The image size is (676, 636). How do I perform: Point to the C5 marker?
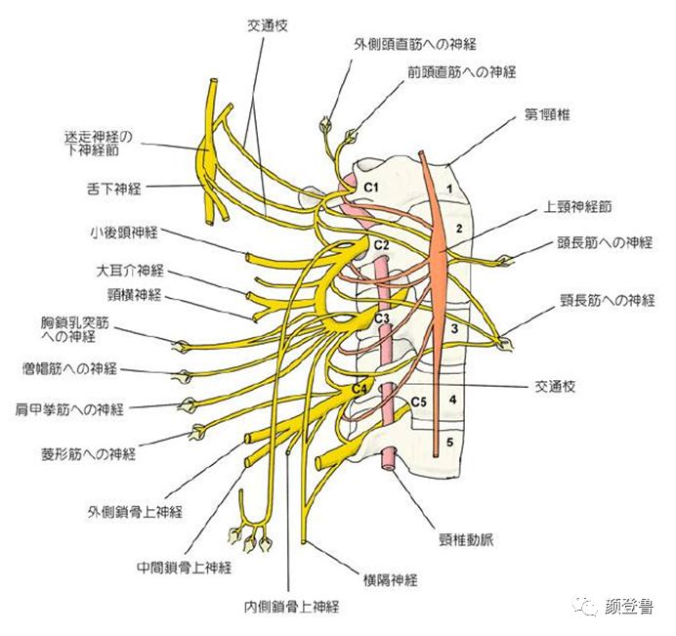click(420, 400)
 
